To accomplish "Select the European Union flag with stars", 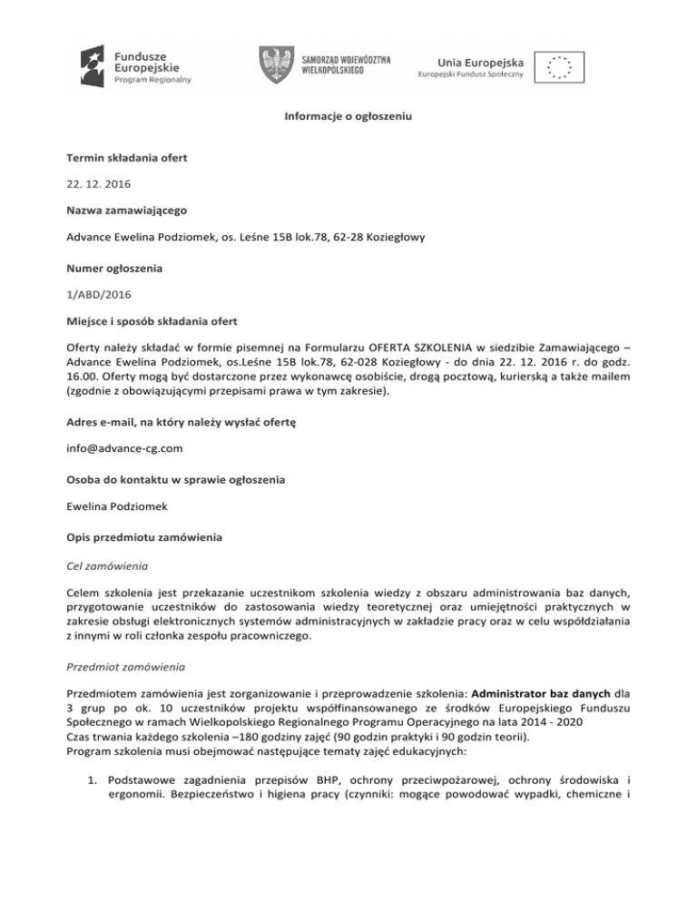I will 557,67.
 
